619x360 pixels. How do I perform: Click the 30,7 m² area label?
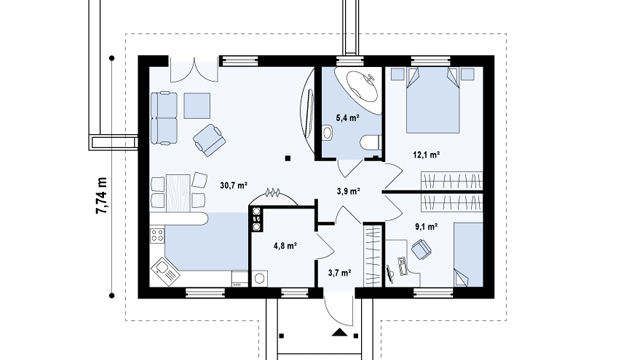233,185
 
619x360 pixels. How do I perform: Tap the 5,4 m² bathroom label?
347,117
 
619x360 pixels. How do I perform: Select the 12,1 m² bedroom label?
426,155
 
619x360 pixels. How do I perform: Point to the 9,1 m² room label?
426,227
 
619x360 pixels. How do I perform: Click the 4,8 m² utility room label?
285,246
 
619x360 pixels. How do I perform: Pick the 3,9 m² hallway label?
348,191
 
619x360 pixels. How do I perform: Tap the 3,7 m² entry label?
340,272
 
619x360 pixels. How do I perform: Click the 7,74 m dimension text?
101,196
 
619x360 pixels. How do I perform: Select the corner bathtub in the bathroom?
358,88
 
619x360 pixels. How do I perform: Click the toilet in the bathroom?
371,142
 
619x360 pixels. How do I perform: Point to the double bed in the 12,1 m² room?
433,101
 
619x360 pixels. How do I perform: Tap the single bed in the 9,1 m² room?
468,255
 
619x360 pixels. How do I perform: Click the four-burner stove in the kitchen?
157,235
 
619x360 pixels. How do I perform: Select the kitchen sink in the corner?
165,271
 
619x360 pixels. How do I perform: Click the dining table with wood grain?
178,193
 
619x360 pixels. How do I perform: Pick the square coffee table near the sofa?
197,105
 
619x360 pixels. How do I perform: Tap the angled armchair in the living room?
210,140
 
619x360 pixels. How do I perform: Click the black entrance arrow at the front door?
340,332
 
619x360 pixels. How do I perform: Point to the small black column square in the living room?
288,158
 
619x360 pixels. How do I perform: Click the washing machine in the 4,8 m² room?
259,279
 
